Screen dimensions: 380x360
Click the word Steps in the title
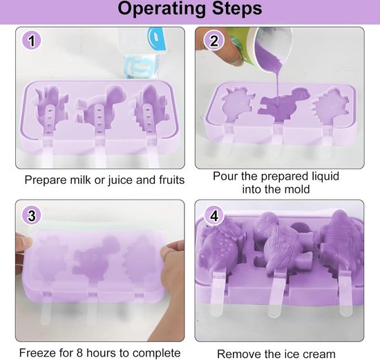[237, 8]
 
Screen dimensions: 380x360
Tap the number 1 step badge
[32, 41]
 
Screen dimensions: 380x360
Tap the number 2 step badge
[213, 41]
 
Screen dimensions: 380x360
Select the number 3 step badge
[32, 216]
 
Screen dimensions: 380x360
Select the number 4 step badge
[213, 216]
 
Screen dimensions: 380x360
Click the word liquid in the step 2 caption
[325, 176]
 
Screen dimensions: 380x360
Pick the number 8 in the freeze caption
[79, 353]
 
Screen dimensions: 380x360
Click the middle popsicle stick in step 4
[276, 294]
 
